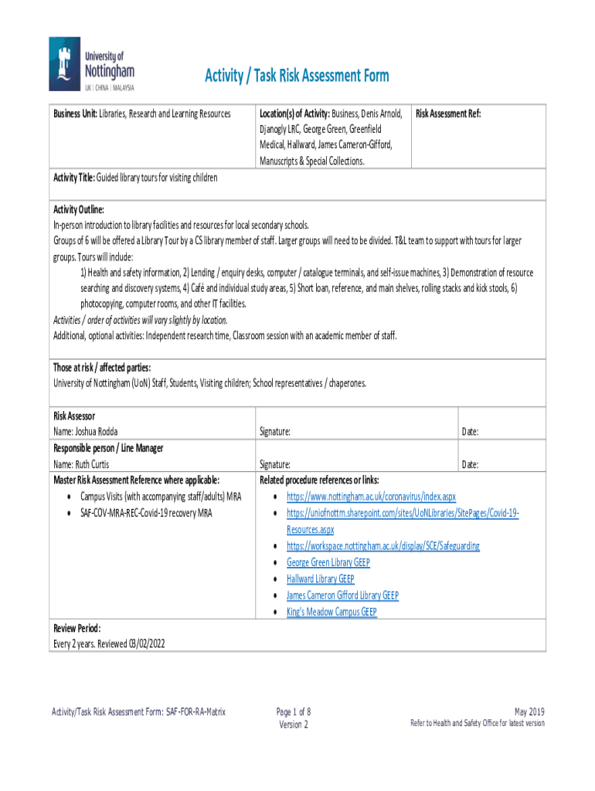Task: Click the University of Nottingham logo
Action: (92, 65)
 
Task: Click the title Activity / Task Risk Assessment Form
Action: (297, 76)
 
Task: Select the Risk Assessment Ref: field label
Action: (448, 114)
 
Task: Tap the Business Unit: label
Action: (75, 114)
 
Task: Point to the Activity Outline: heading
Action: (78, 209)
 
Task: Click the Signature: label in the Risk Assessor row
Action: (275, 431)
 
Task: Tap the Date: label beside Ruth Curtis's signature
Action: (470, 464)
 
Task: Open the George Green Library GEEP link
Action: (328, 562)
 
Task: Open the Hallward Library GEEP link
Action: (320, 579)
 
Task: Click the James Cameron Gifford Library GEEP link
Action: (342, 596)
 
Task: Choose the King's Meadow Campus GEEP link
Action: (331, 612)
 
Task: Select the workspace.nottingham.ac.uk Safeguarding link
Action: (382, 546)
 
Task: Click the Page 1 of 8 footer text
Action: (294, 711)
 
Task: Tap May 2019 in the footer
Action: (529, 711)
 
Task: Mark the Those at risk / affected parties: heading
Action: (101, 367)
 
